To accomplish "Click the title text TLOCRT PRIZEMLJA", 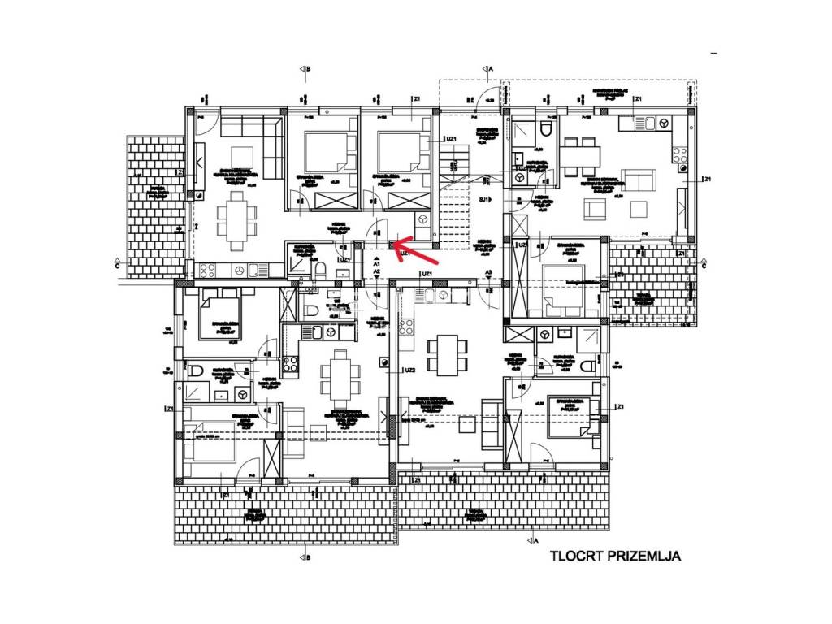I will pos(614,557).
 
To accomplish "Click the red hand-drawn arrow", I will pos(415,251).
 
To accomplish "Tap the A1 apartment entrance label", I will pos(377,264).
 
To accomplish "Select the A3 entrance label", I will pos(488,272).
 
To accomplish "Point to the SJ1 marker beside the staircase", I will pos(484,199).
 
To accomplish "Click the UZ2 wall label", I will pos(410,370).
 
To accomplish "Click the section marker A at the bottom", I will pos(534,538).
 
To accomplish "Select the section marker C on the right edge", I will pos(704,264).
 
